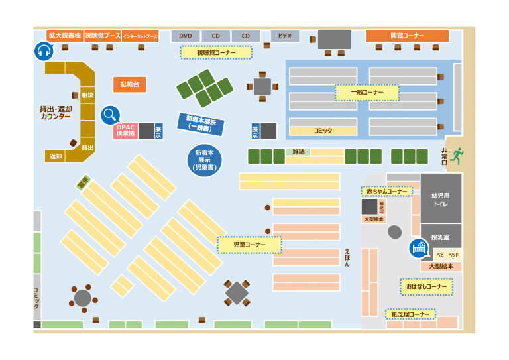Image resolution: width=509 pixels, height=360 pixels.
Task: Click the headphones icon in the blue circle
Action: tap(44, 51)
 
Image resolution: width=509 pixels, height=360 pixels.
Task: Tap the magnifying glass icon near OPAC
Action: tap(110, 115)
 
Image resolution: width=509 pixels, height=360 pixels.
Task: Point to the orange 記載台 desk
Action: tap(129, 85)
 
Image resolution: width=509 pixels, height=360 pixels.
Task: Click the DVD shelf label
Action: tap(186, 36)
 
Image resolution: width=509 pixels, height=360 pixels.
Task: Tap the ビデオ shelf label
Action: tap(285, 36)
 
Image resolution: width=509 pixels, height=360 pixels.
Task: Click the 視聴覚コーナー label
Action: tap(216, 52)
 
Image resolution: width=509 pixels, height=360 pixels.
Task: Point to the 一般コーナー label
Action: tap(367, 92)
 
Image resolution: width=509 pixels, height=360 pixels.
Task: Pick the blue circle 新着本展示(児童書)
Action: tap(204, 160)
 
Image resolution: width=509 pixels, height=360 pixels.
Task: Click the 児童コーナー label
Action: tap(250, 245)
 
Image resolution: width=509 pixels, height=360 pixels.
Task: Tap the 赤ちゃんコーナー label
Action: tap(386, 192)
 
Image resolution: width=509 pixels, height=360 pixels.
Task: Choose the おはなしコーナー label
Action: tap(427, 286)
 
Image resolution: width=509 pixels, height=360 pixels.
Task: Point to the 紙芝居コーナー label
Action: tap(411, 314)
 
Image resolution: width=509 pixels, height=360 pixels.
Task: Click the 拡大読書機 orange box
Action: tap(64, 36)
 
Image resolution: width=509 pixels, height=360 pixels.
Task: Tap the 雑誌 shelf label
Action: tap(298, 152)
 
